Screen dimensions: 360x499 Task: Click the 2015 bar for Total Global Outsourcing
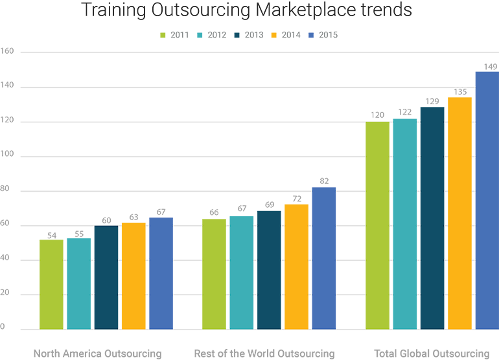click(x=487, y=200)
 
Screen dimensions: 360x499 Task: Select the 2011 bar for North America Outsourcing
click(x=52, y=284)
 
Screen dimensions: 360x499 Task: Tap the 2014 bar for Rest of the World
click(x=296, y=267)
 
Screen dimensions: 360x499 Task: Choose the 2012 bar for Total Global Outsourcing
click(x=405, y=224)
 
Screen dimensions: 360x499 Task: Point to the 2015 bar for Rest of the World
click(x=323, y=258)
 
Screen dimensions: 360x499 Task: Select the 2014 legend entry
click(x=286, y=35)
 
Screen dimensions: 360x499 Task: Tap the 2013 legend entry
click(x=249, y=35)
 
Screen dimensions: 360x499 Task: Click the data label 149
click(x=491, y=65)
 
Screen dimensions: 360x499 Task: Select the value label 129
click(x=432, y=101)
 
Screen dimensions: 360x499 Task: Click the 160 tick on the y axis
click(x=7, y=51)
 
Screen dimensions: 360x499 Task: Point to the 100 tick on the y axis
click(x=7, y=156)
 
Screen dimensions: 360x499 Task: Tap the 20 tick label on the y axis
click(x=5, y=295)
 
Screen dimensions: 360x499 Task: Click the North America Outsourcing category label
click(x=97, y=354)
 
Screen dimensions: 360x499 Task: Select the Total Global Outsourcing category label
click(x=432, y=354)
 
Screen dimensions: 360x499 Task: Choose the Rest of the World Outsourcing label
click(x=264, y=354)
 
